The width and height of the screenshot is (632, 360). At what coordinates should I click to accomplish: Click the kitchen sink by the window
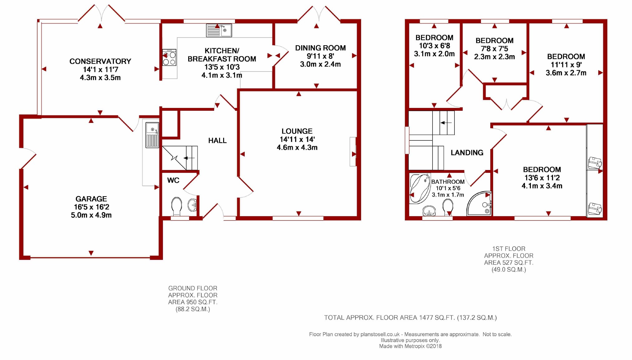coord(219,31)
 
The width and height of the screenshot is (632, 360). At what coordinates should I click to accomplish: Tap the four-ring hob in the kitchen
coord(169,57)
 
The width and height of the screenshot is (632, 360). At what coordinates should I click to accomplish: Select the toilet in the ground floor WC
coord(177,206)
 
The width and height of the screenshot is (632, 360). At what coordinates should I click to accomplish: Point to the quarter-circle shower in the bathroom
coord(479,203)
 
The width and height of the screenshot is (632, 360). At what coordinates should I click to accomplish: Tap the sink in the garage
coord(152,135)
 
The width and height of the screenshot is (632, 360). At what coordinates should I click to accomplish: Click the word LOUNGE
coord(297,131)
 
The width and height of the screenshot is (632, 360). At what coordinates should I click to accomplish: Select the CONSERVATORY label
coord(100,61)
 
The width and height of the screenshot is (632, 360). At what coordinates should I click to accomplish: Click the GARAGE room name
coord(91,199)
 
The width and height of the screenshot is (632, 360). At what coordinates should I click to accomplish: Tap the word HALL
coord(218,141)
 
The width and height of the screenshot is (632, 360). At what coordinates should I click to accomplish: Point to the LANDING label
coord(467,153)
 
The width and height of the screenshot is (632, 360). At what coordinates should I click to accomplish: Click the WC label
coord(173,180)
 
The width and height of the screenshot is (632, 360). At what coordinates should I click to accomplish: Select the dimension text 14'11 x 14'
coord(297,139)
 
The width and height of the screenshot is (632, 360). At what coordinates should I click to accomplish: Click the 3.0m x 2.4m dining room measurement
coord(320,64)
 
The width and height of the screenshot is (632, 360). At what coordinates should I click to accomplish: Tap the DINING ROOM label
coord(321,48)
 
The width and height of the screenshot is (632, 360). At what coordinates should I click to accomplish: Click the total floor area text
coord(410,318)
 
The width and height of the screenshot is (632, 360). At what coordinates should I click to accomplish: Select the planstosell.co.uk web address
coord(380,334)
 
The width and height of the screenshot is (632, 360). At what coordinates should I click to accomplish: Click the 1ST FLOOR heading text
coord(509,249)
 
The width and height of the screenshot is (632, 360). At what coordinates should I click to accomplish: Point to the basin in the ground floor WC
coord(192,205)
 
